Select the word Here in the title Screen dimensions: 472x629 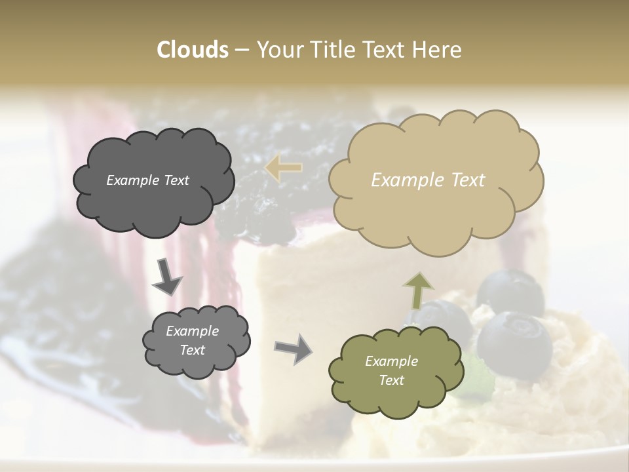click(x=436, y=50)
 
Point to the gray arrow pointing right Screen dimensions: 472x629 click(x=293, y=348)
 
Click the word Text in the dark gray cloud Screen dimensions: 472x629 click(x=175, y=180)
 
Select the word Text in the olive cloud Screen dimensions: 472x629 click(x=391, y=380)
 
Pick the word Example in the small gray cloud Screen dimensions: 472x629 click(x=192, y=331)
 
